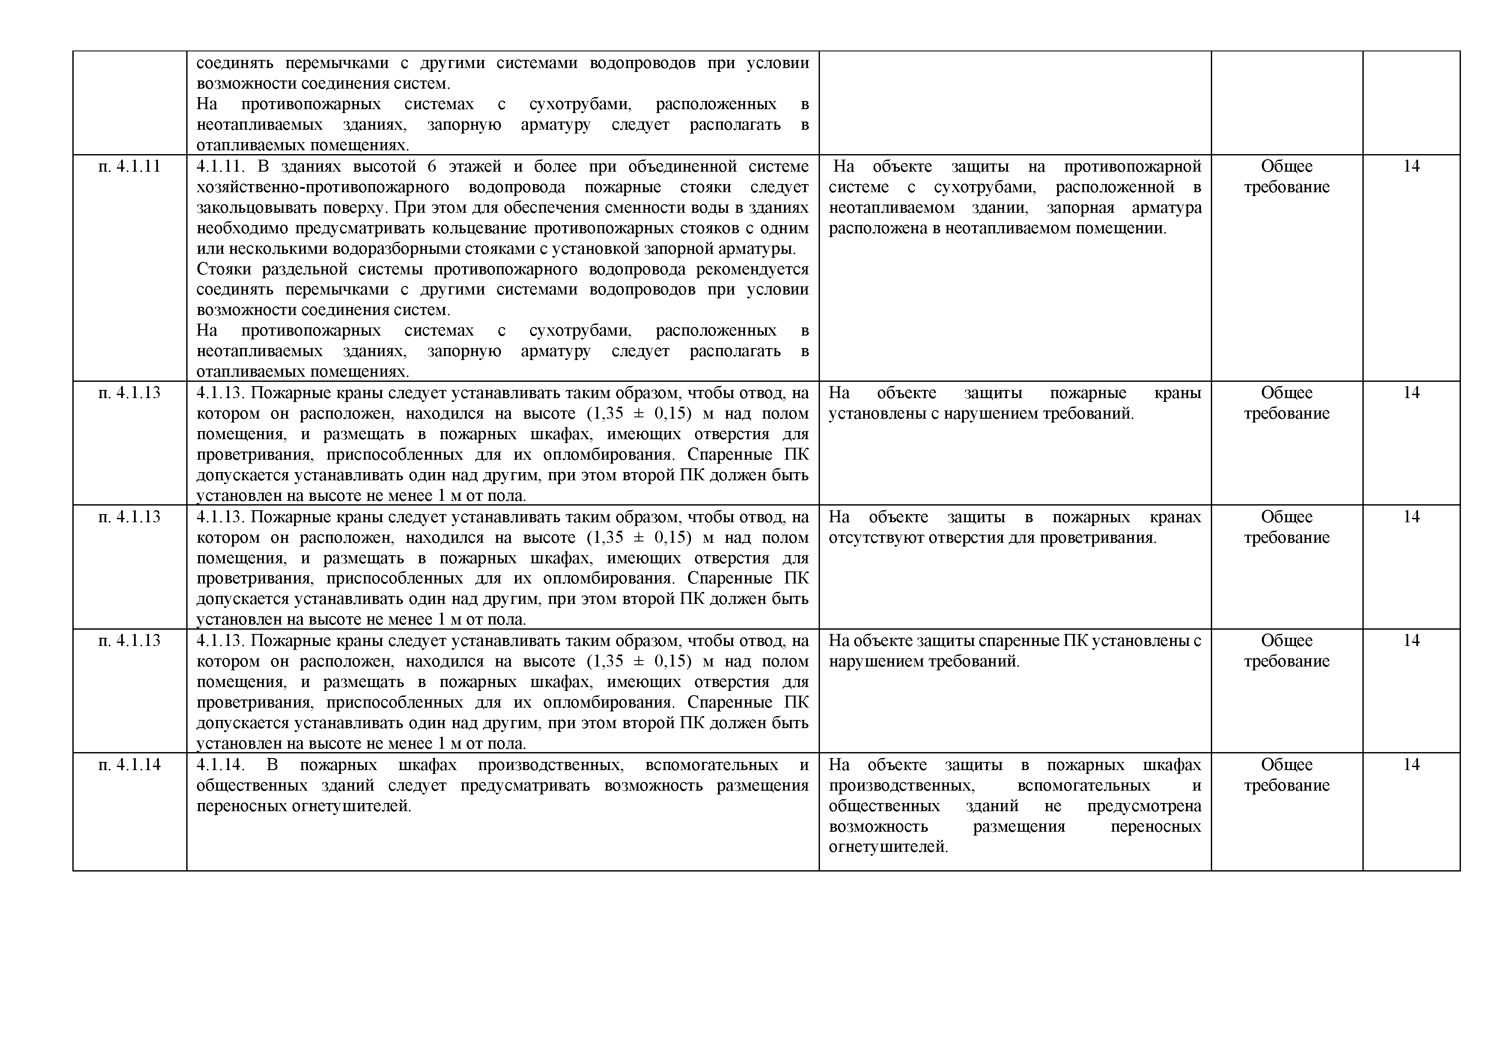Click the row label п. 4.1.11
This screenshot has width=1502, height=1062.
point(129,166)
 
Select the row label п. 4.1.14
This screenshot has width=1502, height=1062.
point(129,765)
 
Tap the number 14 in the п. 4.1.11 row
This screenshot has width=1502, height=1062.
point(1411,166)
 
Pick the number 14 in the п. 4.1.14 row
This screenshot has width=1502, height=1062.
point(1411,765)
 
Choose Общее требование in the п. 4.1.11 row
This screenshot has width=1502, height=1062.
point(1286,176)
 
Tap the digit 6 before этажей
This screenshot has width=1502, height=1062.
point(431,166)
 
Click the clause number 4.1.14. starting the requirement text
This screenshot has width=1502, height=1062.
point(221,765)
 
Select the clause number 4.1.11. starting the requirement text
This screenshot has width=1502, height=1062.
point(221,166)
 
